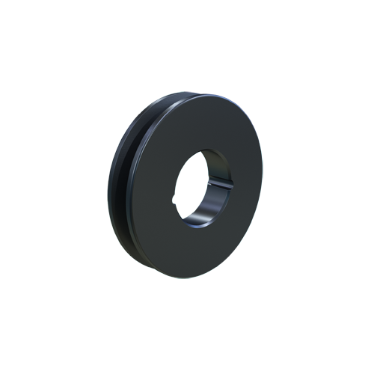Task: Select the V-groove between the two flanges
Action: [x=122, y=187]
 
